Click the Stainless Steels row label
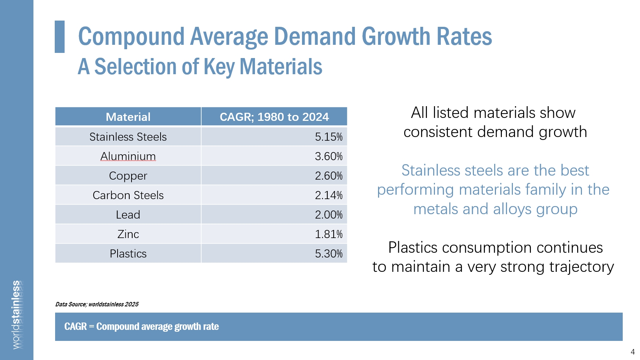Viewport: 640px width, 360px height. [128, 137]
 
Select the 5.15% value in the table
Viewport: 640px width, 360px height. [328, 137]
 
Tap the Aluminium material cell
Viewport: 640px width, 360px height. [128, 156]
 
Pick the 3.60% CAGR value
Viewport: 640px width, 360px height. [328, 156]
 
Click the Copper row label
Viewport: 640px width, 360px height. [128, 176]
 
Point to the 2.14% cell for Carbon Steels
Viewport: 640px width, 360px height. [328, 195]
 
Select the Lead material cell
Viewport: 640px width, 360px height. [128, 215]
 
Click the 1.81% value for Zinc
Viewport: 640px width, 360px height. [328, 234]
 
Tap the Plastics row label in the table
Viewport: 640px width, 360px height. [128, 253]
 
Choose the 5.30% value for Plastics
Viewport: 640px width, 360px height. [328, 253]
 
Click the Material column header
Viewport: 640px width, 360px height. [128, 117]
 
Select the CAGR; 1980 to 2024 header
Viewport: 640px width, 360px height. [274, 117]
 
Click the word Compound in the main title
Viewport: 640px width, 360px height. [131, 37]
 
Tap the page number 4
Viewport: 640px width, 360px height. [633, 352]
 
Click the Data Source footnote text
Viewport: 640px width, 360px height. [97, 304]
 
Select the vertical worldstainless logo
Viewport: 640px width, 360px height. [17, 314]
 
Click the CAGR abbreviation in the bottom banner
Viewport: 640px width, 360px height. [75, 327]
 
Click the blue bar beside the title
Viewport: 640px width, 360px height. [60, 37]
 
